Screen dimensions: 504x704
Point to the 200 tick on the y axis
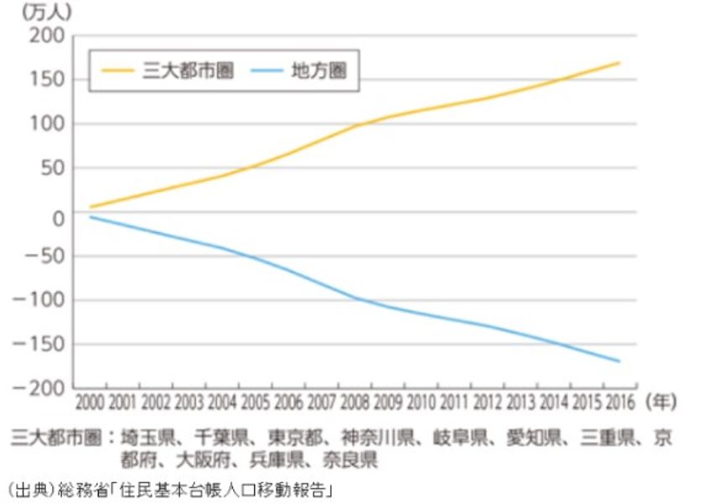point(49,36)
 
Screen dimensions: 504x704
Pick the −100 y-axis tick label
point(43,300)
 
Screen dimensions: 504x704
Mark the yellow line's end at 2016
point(619,63)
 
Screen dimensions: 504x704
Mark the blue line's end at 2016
point(619,361)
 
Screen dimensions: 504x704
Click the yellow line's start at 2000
point(91,206)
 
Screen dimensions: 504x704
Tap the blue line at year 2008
point(355,298)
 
